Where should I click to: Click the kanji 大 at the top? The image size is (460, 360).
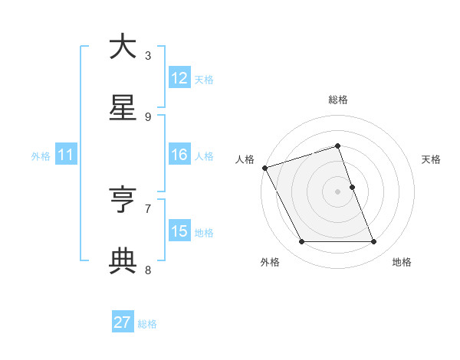coord(123,47)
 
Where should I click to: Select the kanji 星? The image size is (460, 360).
coord(123,108)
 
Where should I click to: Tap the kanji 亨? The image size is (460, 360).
coord(123,200)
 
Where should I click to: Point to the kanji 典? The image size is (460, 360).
coord(123,261)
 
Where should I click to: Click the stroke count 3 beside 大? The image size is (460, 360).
coord(148,55)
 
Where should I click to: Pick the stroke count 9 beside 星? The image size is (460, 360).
coord(148,116)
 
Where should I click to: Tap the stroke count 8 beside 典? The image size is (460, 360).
coord(148,270)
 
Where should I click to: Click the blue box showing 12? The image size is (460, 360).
coord(179,78)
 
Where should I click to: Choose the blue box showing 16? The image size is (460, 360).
coord(179,155)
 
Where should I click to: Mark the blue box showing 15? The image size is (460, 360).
coord(179,231)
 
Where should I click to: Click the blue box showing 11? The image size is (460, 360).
coord(65,155)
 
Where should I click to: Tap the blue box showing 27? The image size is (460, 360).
coord(123,323)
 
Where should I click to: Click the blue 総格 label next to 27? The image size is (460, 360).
coord(147,324)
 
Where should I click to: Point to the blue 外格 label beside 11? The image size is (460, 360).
coord(41,156)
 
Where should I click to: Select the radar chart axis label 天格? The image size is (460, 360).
coord(432,159)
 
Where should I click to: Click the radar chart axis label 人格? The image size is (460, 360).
coord(245,159)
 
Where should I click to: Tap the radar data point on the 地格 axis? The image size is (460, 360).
coord(374,242)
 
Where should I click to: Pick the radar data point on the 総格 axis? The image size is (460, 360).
coord(337,146)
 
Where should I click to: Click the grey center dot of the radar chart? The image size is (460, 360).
coord(337,191)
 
